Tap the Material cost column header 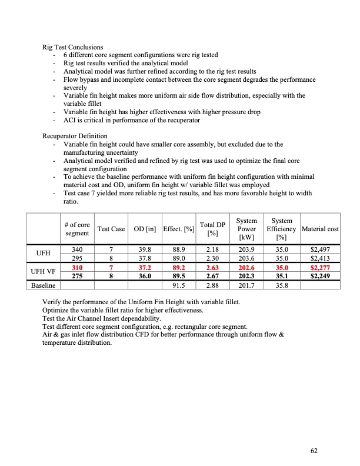point(320,228)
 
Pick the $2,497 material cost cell point(321,249)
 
